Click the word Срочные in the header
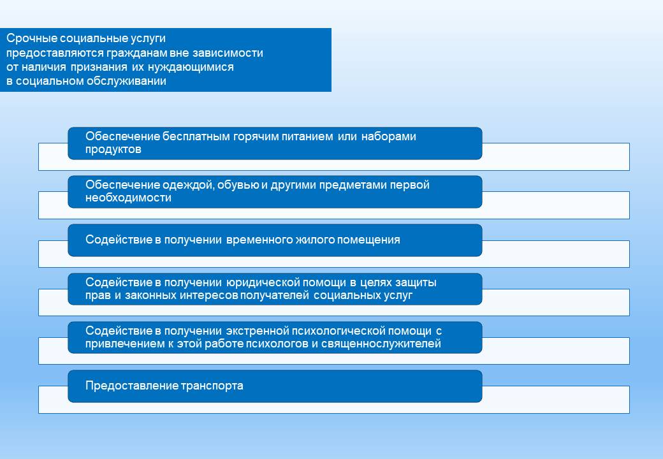pyautogui.click(x=31, y=38)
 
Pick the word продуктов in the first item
pyautogui.click(x=113, y=149)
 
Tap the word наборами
pyautogui.click(x=389, y=136)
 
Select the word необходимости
pyautogui.click(x=128, y=198)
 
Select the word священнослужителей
pyautogui.click(x=381, y=344)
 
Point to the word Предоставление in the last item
pyautogui.click(x=132, y=386)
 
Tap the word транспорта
pyautogui.click(x=212, y=386)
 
